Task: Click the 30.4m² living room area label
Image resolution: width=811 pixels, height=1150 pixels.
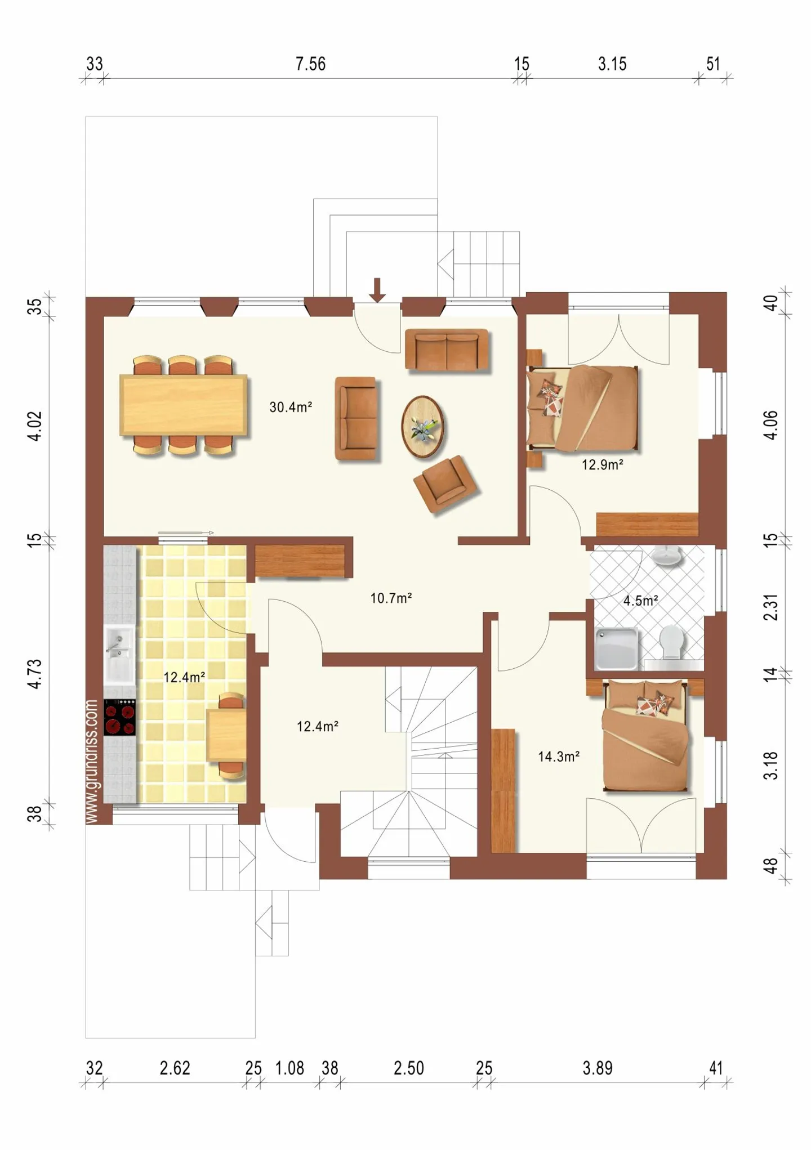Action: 291,407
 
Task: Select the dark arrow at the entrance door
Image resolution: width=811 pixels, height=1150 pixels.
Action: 377,290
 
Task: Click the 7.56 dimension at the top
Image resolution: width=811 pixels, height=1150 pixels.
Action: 310,64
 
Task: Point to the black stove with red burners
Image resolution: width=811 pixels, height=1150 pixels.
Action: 119,718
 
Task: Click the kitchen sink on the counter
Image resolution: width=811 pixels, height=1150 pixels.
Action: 119,653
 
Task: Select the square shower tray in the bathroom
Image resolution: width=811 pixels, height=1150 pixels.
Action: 617,649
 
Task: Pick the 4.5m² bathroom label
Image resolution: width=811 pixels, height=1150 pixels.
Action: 641,601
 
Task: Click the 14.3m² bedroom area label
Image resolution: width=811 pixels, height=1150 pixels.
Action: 558,757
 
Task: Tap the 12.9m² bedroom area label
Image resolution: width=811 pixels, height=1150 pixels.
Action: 602,465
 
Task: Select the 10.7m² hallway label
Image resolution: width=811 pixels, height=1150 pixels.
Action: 391,598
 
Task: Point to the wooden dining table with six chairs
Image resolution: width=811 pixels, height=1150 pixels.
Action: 184,405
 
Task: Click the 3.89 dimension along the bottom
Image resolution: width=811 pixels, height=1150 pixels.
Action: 597,1068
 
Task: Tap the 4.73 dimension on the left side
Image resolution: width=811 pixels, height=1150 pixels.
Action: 35,673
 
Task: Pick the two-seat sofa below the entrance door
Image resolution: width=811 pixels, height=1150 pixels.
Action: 446,350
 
